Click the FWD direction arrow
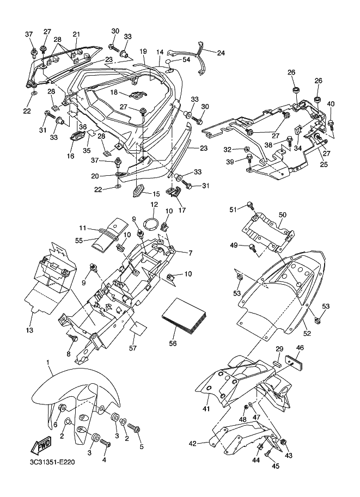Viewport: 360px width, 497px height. click(x=39, y=447)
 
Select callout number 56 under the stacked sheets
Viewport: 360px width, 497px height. click(x=173, y=343)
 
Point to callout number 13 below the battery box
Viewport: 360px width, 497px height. click(x=29, y=330)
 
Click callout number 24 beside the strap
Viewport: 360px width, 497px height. click(x=221, y=53)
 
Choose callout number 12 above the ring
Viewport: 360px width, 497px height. click(x=154, y=205)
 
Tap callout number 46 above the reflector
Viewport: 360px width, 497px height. click(x=300, y=348)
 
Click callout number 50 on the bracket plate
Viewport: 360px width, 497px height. click(x=282, y=214)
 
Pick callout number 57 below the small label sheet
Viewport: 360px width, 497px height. click(x=132, y=348)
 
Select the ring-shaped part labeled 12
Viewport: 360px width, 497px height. click(x=152, y=224)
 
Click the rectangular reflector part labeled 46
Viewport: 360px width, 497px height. click(x=294, y=361)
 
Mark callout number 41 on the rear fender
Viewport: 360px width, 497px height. click(x=206, y=409)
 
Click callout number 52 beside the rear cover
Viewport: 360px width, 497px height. click(x=307, y=333)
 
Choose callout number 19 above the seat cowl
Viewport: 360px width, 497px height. click(x=143, y=51)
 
